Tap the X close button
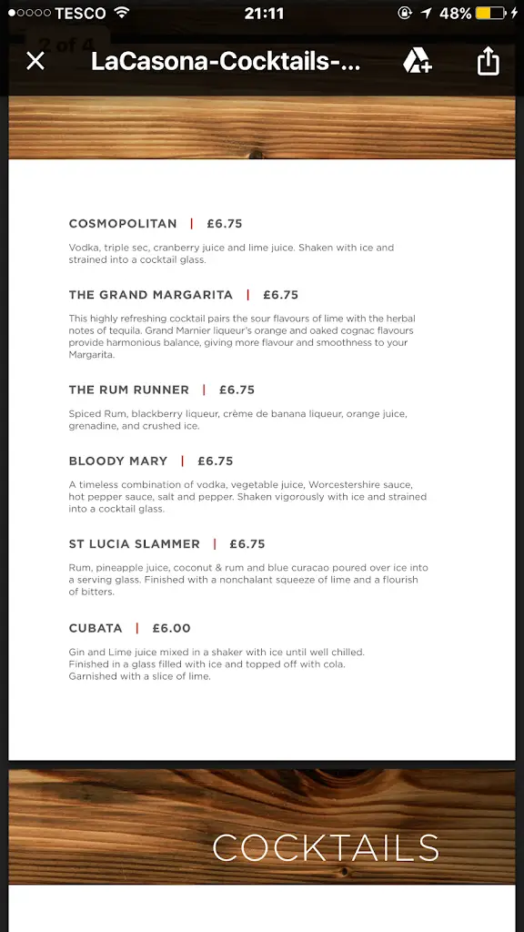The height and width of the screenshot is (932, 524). click(35, 61)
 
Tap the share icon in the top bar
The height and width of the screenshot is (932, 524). click(489, 61)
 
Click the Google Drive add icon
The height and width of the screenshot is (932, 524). click(418, 61)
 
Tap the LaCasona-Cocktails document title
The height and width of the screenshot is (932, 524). click(226, 62)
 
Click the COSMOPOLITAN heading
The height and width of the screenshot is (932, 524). click(123, 224)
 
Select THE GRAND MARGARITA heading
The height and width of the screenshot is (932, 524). click(151, 295)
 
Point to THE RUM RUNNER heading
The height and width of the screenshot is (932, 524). click(129, 390)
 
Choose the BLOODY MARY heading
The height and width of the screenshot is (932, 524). click(118, 461)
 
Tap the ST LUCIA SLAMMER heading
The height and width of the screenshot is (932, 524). click(135, 544)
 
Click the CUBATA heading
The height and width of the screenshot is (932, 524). click(96, 628)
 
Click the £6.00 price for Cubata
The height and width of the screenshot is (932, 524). click(172, 628)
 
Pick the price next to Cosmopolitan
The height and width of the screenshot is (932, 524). click(225, 224)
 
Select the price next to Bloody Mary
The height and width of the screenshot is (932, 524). click(216, 461)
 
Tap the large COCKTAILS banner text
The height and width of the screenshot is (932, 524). click(326, 848)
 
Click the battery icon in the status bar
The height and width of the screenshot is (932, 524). click(490, 14)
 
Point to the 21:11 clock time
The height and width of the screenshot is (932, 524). click(264, 14)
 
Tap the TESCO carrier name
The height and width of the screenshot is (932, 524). click(80, 14)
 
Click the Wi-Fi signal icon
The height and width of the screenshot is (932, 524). click(122, 14)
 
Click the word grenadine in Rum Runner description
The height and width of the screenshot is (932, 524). click(94, 426)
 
